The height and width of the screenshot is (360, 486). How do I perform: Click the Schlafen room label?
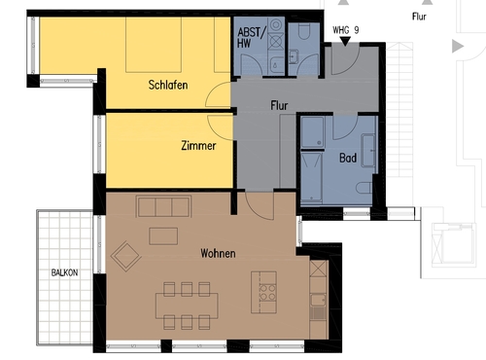pyautogui.click(x=168, y=85)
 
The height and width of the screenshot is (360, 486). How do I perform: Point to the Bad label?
pyautogui.click(x=347, y=157)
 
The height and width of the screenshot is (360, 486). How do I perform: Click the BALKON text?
pyautogui.click(x=65, y=273)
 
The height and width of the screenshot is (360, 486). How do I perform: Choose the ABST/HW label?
pyautogui.click(x=250, y=39)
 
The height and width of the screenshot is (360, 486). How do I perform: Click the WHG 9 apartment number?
pyautogui.click(x=344, y=31)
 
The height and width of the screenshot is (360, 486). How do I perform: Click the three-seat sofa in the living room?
pyautogui.click(x=164, y=206)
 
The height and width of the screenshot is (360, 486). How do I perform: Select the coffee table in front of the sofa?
pyautogui.click(x=163, y=235)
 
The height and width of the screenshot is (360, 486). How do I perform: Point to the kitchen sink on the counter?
pyautogui.click(x=318, y=311)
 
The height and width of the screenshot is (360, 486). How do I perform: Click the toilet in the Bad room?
pyautogui.click(x=364, y=187)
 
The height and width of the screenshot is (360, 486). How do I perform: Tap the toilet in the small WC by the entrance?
pyautogui.click(x=304, y=35)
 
